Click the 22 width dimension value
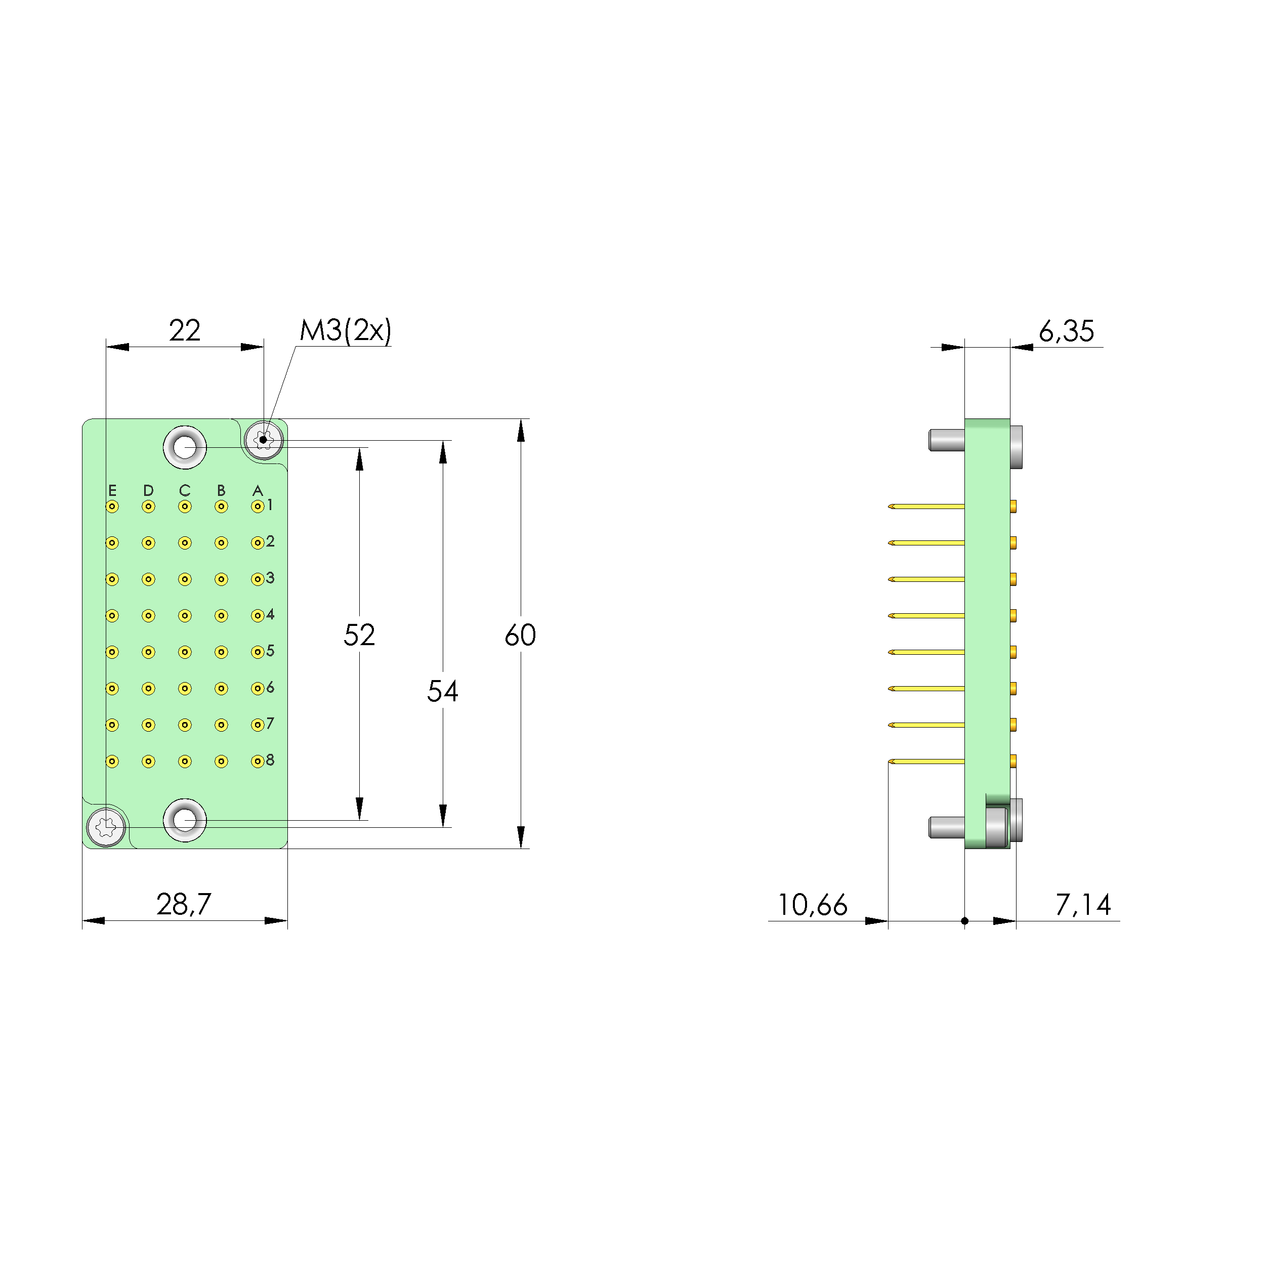184,330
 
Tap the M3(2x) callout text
345,330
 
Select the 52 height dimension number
359,635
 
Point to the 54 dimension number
442,691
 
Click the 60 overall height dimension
520,635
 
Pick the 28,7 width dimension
184,904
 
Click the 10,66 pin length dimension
812,905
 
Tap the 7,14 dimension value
1083,905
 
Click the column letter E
112,490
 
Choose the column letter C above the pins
184,490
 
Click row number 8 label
270,760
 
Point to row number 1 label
270,505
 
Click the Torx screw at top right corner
264,439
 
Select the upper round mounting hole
185,447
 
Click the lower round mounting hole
185,820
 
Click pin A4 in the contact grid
258,616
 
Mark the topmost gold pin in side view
926,506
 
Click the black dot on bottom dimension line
965,921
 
